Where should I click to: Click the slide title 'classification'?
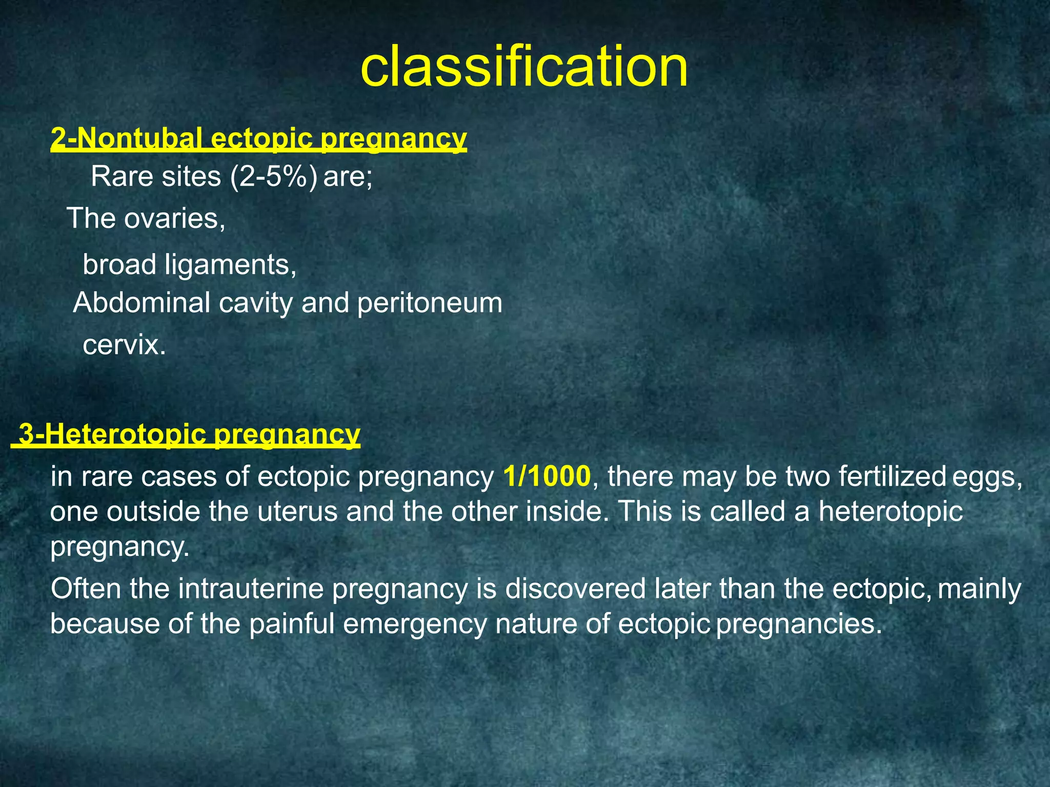click(524, 67)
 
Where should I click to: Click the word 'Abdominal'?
click(142, 303)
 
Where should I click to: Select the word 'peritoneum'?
click(430, 304)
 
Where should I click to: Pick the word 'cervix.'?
click(125, 345)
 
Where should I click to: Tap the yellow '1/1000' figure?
click(547, 477)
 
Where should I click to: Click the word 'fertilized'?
click(892, 477)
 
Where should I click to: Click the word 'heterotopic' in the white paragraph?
click(891, 511)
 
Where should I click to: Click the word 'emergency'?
click(415, 625)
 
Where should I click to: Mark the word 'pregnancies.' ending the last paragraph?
click(799, 625)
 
